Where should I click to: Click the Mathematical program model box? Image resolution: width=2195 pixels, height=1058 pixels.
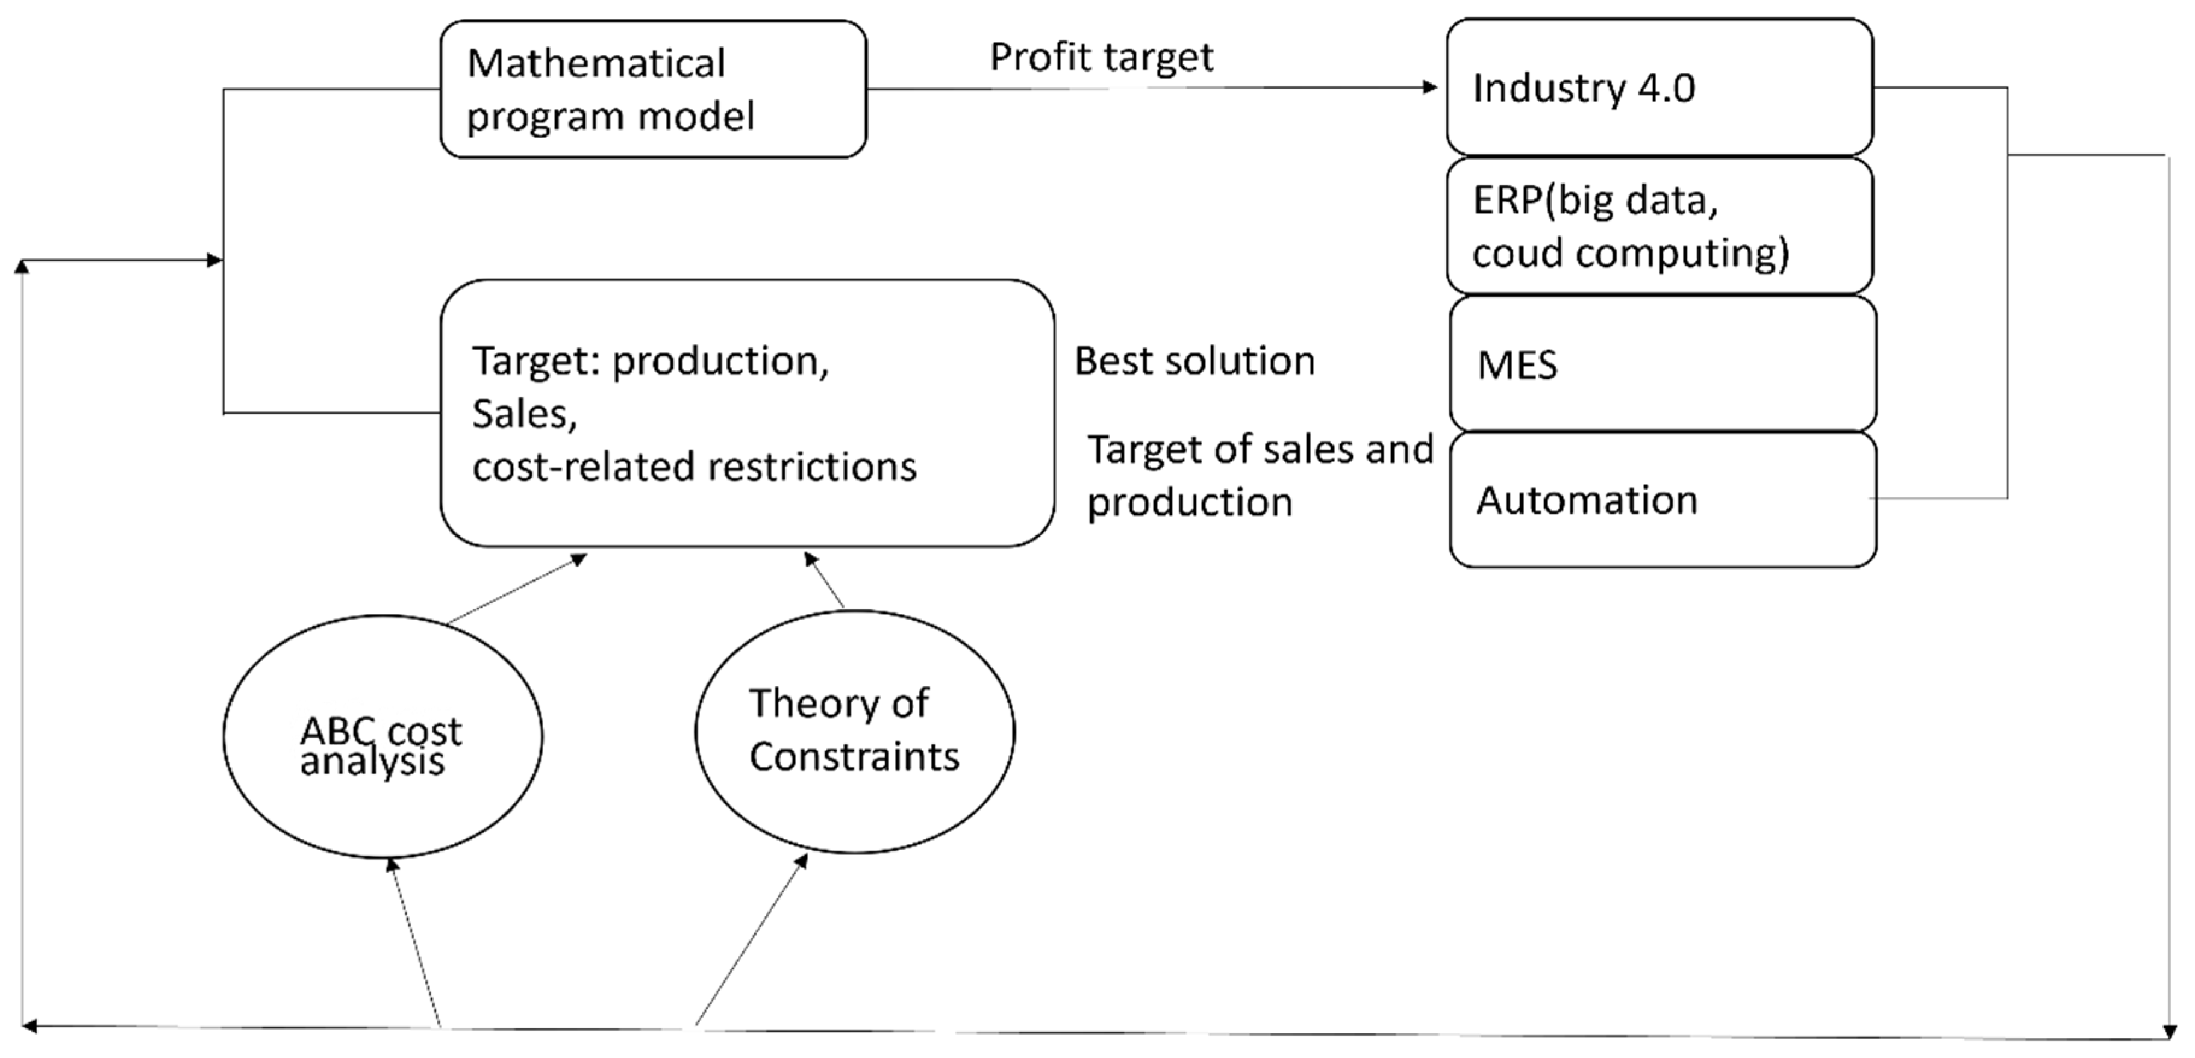(x=653, y=90)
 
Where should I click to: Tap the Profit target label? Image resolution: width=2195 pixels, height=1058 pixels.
(x=1101, y=58)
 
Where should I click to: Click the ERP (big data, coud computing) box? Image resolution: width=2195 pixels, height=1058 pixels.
(x=1658, y=226)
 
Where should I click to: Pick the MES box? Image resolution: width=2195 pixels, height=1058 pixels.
(x=1661, y=364)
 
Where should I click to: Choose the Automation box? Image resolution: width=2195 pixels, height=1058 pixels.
(x=1661, y=500)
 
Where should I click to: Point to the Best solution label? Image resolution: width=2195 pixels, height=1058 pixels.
(x=1194, y=361)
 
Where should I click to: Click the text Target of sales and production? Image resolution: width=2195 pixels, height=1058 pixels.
(x=1260, y=475)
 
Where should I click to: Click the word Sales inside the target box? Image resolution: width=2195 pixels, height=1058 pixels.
(x=524, y=414)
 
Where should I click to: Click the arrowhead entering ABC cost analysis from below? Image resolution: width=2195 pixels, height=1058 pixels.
(x=390, y=865)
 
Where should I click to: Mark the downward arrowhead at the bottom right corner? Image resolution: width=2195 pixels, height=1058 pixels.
(x=2170, y=1033)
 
